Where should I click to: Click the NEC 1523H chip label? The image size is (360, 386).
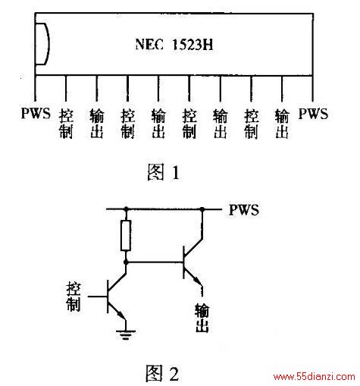coord(174,45)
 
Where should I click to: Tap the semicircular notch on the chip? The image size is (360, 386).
coord(48,44)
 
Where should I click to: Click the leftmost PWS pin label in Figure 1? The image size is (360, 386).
coord(36,113)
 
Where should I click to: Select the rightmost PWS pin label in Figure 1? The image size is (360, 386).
coord(313,114)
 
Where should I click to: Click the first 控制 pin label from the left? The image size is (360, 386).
coord(66,124)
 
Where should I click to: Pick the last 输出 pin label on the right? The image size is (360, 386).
coord(282,124)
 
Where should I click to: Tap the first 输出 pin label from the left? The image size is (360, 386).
coord(97,124)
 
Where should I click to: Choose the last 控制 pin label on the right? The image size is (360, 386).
coord(251,124)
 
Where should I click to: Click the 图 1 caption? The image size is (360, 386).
coord(163,172)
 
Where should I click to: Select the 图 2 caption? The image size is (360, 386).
coord(163,373)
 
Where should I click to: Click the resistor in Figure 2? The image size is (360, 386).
coord(126,235)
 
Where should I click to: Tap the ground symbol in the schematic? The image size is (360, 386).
coord(126,334)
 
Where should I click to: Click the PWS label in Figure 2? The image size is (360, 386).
coord(244,210)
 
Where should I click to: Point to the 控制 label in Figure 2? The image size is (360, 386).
coord(74,297)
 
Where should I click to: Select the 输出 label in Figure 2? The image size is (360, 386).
coord(202,318)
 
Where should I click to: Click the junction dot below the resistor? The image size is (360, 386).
coord(126,262)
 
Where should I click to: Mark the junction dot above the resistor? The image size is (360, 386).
coord(126,209)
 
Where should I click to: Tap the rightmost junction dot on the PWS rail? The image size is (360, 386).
coord(202,209)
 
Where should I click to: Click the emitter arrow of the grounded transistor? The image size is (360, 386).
coord(121,315)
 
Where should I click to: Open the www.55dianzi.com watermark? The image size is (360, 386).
coord(315,377)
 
